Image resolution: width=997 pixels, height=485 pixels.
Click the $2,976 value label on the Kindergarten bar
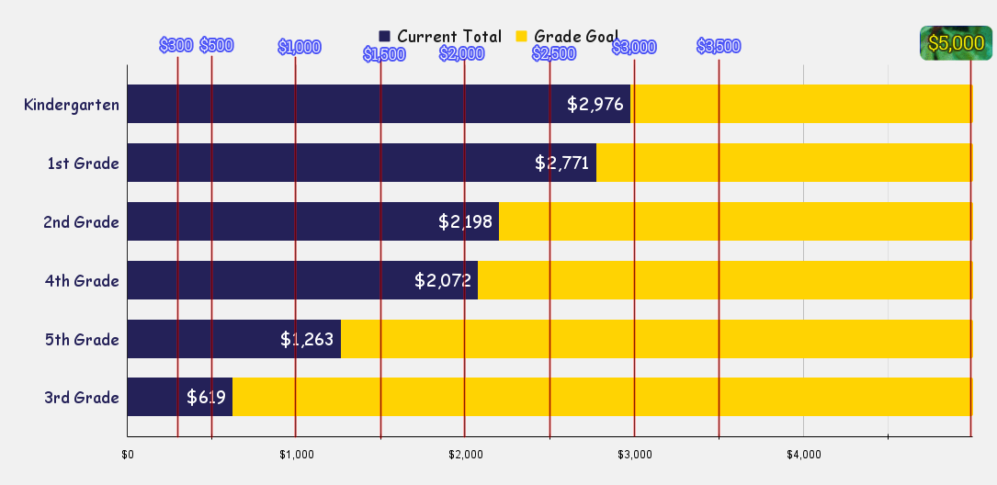(595, 104)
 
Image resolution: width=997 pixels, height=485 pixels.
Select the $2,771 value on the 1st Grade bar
(561, 163)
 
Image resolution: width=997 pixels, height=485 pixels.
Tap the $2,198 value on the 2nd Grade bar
(465, 221)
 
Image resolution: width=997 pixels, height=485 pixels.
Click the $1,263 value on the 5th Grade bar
(307, 339)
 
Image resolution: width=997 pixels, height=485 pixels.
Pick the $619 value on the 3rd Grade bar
(206, 397)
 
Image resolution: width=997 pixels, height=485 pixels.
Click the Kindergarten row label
(72, 104)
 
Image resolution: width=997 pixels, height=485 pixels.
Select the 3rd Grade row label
(82, 397)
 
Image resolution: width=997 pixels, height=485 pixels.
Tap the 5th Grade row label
(82, 339)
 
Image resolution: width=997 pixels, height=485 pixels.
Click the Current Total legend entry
(441, 37)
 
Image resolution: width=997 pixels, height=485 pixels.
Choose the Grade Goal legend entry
(567, 37)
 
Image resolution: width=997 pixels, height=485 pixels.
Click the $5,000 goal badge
(956, 43)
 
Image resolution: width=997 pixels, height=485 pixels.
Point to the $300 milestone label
(176, 46)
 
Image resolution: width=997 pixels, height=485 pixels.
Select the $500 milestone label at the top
(216, 46)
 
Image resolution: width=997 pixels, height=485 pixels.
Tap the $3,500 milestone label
(719, 47)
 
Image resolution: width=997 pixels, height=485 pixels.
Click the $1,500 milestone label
(384, 54)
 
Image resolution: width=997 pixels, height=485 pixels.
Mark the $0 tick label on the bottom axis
(128, 454)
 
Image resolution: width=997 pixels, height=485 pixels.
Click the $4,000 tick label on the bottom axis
(804, 454)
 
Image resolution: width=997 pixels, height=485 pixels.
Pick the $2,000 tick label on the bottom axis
(466, 454)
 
